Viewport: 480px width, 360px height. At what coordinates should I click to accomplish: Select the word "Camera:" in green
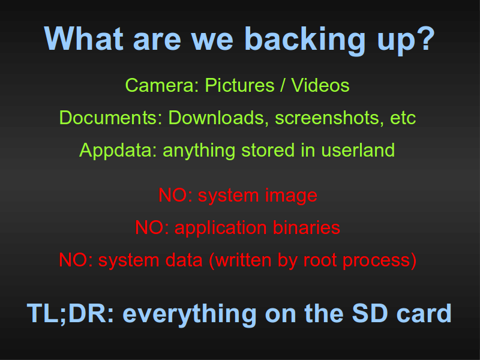(162, 85)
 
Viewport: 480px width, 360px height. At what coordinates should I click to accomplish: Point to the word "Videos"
(320, 85)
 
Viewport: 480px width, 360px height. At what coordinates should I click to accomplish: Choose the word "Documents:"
(110, 118)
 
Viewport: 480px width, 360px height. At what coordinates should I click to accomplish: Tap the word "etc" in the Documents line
(403, 118)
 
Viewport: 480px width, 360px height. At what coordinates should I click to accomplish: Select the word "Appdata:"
(118, 151)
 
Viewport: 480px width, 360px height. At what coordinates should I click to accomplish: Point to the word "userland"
(358, 151)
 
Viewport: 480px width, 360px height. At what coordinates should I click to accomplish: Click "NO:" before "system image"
(175, 195)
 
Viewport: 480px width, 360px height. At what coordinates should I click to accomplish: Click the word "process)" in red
(380, 261)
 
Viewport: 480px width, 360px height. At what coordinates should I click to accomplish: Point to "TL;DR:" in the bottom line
(70, 313)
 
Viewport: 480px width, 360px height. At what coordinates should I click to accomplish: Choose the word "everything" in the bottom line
(190, 314)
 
